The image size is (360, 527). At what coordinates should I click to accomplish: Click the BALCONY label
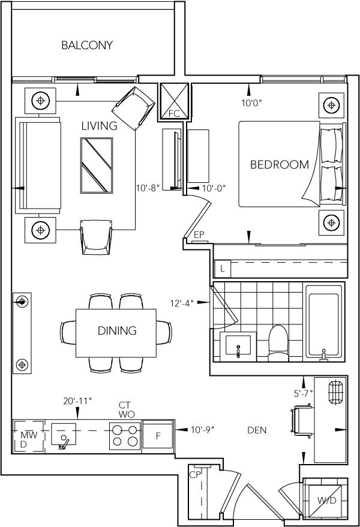87,45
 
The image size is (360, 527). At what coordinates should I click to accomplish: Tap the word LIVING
99,126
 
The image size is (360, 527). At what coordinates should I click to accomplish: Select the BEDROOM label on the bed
279,164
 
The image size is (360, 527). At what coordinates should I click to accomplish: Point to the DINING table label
117,331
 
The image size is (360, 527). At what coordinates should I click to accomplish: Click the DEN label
257,430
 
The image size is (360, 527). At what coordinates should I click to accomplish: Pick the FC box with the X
174,101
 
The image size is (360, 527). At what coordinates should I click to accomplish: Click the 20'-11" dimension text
77,401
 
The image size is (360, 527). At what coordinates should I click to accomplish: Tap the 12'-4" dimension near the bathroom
182,303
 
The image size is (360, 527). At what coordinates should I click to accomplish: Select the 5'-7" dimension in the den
304,393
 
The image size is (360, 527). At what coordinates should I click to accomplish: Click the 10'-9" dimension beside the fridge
202,429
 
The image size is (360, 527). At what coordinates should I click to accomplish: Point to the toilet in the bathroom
278,343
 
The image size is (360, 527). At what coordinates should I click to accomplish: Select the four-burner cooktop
125,436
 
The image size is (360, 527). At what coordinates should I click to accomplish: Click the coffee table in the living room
97,165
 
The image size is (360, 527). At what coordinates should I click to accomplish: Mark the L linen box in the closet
223,269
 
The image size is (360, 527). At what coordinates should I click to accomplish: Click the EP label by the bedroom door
199,234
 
